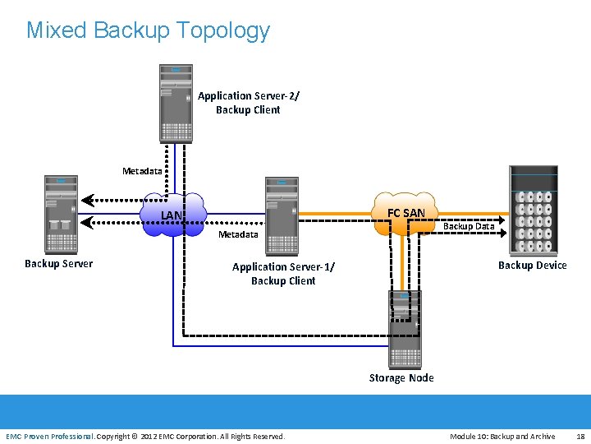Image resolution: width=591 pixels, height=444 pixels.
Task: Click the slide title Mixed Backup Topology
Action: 148,30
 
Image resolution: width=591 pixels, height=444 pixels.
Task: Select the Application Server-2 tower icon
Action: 176,103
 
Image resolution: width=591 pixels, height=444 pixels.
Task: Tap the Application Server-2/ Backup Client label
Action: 249,103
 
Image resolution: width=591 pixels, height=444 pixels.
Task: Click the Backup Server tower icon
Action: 62,214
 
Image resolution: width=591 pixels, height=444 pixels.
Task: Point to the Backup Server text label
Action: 58,264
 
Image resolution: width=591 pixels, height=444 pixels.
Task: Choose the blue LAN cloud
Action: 172,215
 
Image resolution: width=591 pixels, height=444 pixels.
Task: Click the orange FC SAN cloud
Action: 405,213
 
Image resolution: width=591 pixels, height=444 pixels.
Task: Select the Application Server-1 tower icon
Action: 282,216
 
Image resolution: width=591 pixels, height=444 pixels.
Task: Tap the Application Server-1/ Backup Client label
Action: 283,274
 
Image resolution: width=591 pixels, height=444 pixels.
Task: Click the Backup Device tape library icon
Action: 533,210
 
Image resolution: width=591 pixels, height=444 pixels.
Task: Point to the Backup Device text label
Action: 533,265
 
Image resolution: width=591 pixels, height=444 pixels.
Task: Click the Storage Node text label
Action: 401,378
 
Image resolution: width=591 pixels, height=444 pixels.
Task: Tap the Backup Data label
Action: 469,226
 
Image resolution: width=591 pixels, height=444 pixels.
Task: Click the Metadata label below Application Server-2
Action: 142,171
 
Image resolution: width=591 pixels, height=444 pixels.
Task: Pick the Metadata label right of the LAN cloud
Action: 238,234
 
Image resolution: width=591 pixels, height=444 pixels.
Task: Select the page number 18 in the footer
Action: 580,437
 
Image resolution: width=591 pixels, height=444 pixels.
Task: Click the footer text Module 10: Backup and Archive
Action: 502,437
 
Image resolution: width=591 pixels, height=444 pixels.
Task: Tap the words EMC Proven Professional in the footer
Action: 49,437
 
